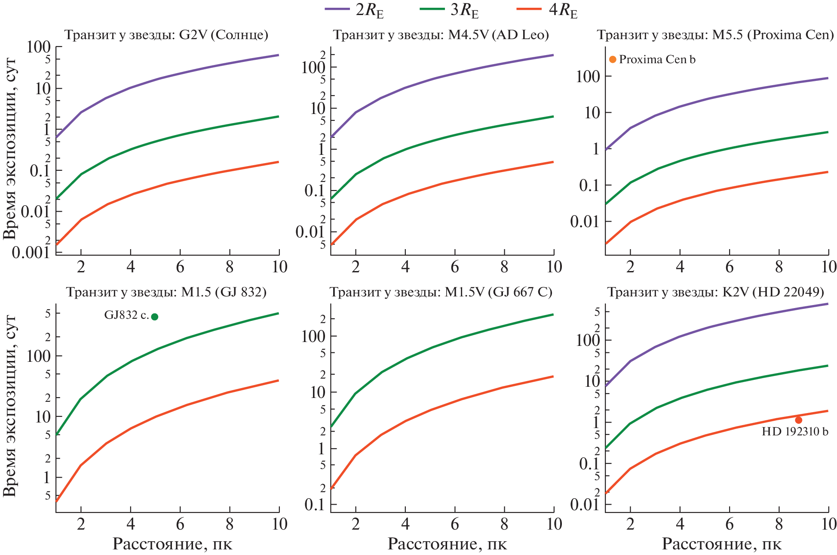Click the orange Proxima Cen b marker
[613, 59]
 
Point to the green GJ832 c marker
[155, 317]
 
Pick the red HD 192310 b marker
[798, 420]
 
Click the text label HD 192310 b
[794, 432]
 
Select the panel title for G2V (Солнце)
[166, 35]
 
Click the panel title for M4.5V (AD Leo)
[441, 35]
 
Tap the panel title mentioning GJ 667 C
[441, 293]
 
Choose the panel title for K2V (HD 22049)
[715, 293]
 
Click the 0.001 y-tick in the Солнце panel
[31, 253]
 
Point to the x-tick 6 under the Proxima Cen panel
[730, 267]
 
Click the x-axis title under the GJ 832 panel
[172, 544]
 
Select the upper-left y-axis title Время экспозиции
[9, 148]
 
